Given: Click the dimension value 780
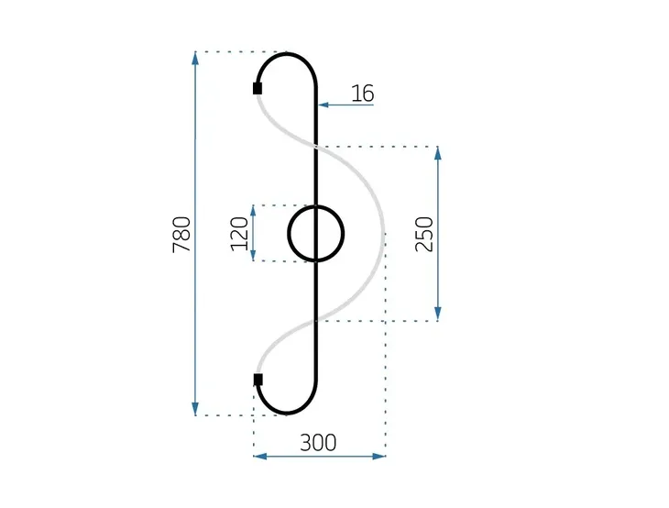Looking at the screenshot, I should (x=181, y=234).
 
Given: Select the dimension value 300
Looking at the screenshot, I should (x=318, y=442).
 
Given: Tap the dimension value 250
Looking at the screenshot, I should (x=423, y=234).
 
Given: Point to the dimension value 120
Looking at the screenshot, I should (x=240, y=234).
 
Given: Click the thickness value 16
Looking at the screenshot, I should (x=362, y=93).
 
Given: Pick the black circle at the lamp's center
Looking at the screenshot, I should (x=316, y=234).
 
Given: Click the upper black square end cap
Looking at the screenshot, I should (x=258, y=88).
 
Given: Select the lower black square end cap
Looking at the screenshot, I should (x=258, y=379).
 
